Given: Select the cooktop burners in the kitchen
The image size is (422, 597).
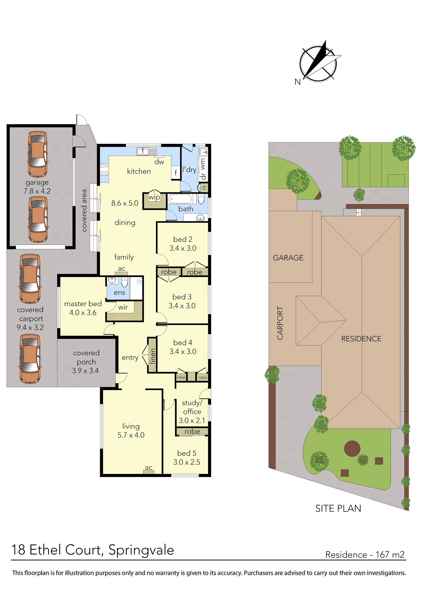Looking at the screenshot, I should pyautogui.click(x=104, y=169).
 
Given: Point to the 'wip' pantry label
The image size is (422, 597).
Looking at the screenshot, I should pyautogui.click(x=154, y=197).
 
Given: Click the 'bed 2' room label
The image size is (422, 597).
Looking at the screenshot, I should pyautogui.click(x=183, y=239).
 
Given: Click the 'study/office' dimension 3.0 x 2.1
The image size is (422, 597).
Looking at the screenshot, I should pyautogui.click(x=192, y=421).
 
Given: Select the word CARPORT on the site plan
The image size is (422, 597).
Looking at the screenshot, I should pyautogui.click(x=280, y=323).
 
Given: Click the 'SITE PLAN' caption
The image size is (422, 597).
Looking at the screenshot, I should pyautogui.click(x=338, y=508).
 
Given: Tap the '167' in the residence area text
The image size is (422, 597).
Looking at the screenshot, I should pyautogui.click(x=382, y=555).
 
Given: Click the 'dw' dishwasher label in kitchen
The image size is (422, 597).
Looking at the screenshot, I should pyautogui.click(x=159, y=162).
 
